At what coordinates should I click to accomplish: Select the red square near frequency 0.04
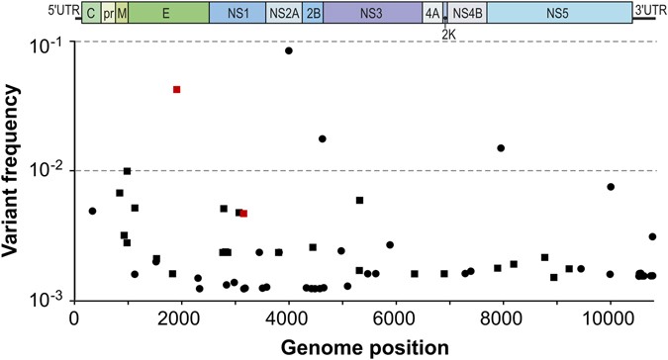point(176,90)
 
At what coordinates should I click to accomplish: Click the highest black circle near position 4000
point(289,50)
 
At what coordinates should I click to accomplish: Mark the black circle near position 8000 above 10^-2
point(502,148)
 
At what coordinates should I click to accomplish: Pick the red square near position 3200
point(243,214)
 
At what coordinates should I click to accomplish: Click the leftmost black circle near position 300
point(92,211)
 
